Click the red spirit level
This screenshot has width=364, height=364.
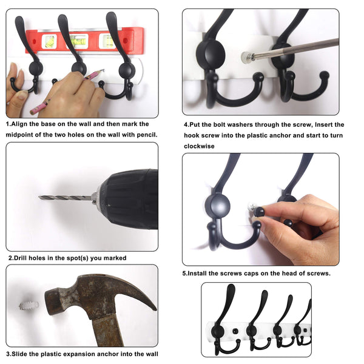[91, 41]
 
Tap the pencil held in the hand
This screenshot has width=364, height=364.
[91, 76]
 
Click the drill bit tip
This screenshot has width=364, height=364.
[41, 197]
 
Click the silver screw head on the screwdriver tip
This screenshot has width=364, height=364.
[246, 58]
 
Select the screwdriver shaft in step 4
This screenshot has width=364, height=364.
[297, 49]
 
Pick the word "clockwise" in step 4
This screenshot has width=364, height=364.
[200, 146]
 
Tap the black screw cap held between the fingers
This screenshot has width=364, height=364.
[260, 212]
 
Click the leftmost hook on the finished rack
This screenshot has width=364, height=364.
[228, 322]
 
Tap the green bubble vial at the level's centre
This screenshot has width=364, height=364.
[78, 41]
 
